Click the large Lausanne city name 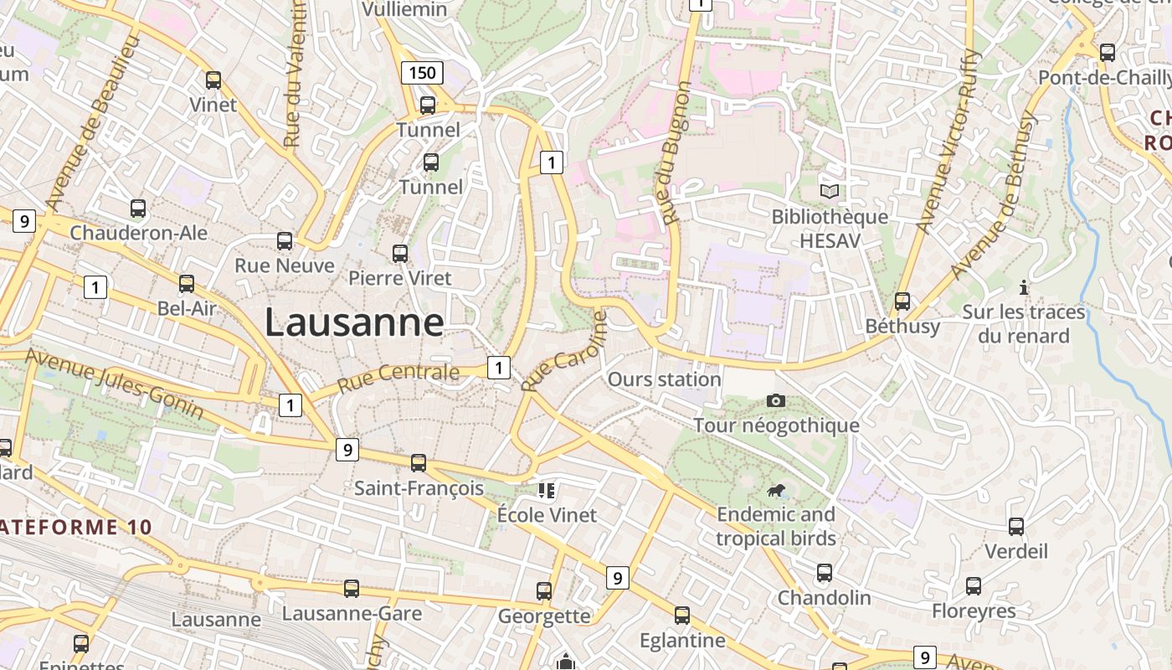click(x=354, y=322)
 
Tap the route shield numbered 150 click(x=422, y=73)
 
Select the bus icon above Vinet click(x=213, y=80)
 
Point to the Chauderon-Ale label click(x=138, y=232)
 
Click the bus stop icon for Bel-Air click(x=187, y=284)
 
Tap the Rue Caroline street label click(x=563, y=352)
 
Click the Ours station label click(x=664, y=379)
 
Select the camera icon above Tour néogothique click(x=776, y=400)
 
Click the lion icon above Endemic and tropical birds click(x=776, y=490)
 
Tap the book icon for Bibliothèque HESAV click(x=829, y=192)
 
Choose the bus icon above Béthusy click(x=902, y=301)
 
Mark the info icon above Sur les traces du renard click(x=1023, y=287)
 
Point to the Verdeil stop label click(x=1015, y=551)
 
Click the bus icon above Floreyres click(x=974, y=586)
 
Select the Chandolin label click(x=824, y=598)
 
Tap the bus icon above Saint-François click(x=419, y=462)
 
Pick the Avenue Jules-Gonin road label click(x=114, y=384)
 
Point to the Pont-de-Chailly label click(x=1104, y=77)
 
